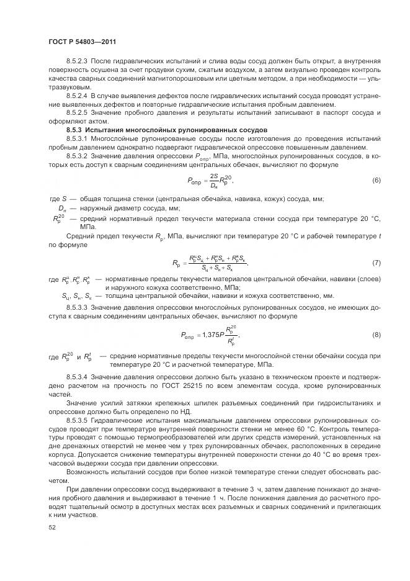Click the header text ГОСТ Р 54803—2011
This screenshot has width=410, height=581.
[x=82, y=42]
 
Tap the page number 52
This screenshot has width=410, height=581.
[x=51, y=526]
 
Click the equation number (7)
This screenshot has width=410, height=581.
[x=375, y=263]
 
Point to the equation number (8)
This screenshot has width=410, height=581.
[x=375, y=335]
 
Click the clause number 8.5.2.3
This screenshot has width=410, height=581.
[x=78, y=61]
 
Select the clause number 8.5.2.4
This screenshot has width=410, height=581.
[x=78, y=96]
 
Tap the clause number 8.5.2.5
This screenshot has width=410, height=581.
[x=78, y=114]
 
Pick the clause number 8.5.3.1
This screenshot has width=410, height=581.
[x=78, y=140]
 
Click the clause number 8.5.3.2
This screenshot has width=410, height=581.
[x=78, y=158]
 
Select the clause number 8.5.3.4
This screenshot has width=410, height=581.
[x=78, y=377]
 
